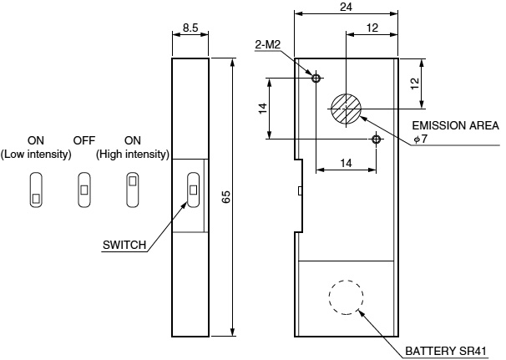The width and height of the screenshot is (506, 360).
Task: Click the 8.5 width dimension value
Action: click(x=190, y=28)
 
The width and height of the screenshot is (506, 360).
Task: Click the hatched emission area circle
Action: click(x=346, y=109)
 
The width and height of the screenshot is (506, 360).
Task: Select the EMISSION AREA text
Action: click(x=456, y=125)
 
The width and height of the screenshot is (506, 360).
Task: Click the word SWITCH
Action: click(x=124, y=246)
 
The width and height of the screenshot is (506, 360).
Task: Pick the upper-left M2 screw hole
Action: click(x=316, y=79)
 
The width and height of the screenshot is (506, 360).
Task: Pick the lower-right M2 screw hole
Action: click(x=377, y=139)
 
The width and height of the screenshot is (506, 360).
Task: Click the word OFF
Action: click(x=84, y=140)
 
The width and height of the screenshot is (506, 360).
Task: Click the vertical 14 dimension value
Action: click(x=262, y=109)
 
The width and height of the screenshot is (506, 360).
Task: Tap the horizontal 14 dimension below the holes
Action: click(x=346, y=164)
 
